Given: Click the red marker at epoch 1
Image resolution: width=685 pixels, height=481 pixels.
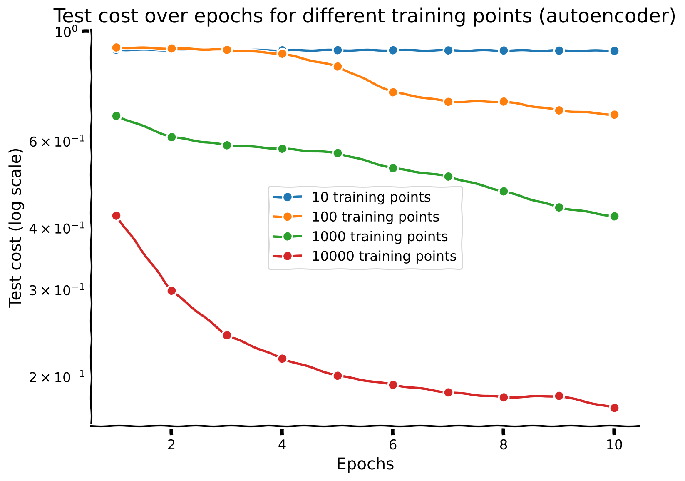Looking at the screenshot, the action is click(x=116, y=216).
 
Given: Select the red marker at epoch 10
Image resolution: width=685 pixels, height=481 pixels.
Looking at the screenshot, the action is click(x=614, y=408).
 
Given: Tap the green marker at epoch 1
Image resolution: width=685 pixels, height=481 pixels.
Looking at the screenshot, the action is click(x=116, y=116).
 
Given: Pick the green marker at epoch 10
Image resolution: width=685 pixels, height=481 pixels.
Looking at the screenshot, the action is click(x=614, y=216).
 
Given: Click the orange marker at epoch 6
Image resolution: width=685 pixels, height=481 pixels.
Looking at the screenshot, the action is click(x=393, y=92).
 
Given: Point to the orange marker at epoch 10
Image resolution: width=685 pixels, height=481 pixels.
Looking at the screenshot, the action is click(x=614, y=115).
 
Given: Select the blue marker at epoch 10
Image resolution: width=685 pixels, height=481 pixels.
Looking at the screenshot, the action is click(x=614, y=51).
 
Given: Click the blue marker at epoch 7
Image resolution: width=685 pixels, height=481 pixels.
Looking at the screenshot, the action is click(x=448, y=50).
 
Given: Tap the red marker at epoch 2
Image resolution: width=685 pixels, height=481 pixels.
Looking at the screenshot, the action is click(x=171, y=291).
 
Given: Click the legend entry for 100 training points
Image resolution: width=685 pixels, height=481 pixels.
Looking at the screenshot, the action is click(x=356, y=217).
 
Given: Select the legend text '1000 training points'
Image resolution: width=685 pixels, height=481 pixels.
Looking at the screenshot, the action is click(x=380, y=237).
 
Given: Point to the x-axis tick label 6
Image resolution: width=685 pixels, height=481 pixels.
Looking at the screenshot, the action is click(x=393, y=445).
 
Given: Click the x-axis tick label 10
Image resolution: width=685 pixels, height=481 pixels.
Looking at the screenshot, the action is click(x=614, y=445).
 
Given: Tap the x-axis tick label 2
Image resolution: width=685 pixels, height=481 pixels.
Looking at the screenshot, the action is click(x=171, y=445).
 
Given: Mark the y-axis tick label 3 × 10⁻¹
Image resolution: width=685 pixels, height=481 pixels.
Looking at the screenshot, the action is click(x=57, y=290).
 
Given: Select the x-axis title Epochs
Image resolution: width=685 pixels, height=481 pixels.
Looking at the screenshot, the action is click(x=365, y=464).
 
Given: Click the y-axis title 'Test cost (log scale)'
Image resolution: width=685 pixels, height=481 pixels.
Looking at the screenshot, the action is click(x=15, y=228).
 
